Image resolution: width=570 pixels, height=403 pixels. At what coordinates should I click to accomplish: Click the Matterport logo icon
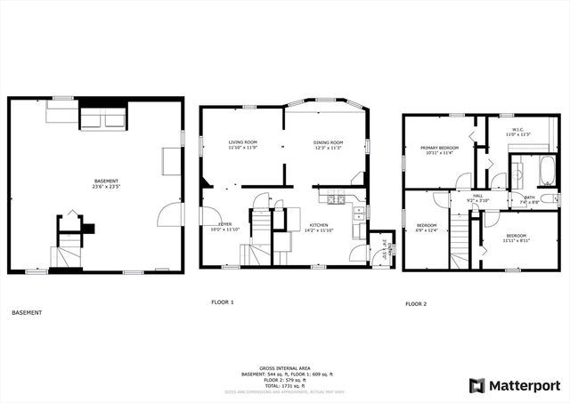477,385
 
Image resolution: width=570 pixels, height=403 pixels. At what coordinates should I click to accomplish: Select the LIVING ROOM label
242,144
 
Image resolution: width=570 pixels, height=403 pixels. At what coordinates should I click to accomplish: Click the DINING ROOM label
327,144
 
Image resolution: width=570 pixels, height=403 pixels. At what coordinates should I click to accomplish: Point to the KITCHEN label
320,228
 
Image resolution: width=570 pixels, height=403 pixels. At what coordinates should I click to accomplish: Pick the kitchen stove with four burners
335,199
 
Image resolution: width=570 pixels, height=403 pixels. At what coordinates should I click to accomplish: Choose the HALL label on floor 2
478,197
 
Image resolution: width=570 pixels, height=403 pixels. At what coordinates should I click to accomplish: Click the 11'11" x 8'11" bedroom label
515,238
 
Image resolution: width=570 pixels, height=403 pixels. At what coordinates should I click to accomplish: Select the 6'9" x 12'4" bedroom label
427,228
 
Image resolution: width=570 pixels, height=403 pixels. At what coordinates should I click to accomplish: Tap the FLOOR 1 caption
222,302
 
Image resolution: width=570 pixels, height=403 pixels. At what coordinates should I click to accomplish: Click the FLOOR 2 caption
416,303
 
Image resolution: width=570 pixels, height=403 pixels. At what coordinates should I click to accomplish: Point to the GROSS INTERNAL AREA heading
284,367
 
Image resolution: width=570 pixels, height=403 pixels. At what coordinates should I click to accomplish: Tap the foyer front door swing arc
211,215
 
